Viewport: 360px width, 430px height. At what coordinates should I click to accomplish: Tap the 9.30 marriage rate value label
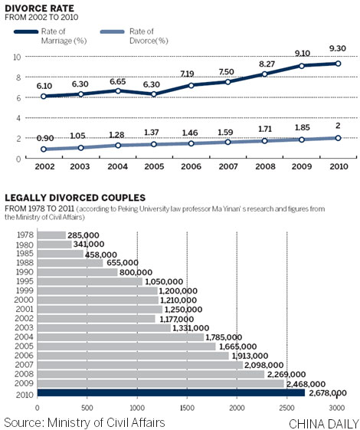pyautogui.click(x=337, y=48)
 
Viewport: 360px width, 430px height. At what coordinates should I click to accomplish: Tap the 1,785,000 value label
pyautogui.click(x=230, y=337)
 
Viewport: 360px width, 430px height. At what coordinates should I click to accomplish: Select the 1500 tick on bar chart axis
pyautogui.click(x=187, y=405)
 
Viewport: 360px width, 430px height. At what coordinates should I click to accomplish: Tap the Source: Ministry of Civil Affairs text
pyautogui.click(x=84, y=422)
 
